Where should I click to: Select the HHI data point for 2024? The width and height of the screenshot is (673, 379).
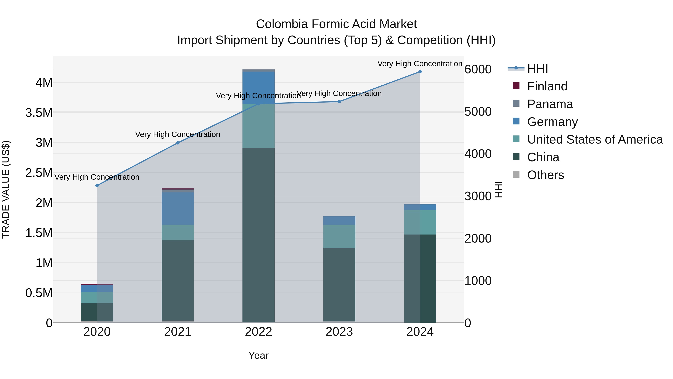pos(420,72)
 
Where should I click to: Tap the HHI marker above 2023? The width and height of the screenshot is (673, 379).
pos(339,101)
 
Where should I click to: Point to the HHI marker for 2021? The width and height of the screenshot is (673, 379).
pos(178,143)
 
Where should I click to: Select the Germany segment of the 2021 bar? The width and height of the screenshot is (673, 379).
pos(178,208)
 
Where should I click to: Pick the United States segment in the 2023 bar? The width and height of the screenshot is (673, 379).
pos(339,236)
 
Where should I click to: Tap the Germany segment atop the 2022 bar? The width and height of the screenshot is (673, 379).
pos(258,88)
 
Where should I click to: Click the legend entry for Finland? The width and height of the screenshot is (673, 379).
pos(547,86)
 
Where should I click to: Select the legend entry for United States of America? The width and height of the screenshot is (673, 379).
pos(595,139)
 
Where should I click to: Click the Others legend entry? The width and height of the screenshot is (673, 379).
pos(545,175)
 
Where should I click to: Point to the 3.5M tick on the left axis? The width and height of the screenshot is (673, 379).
pos(39,113)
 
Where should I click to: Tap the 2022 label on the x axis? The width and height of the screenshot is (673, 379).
pos(258,332)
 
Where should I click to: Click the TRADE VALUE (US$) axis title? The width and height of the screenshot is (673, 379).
pos(6,189)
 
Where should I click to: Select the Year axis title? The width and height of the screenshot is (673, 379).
pos(258,355)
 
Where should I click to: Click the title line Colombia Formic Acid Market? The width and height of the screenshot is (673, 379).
pos(336,24)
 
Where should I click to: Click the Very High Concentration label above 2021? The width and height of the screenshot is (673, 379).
pos(178,134)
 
